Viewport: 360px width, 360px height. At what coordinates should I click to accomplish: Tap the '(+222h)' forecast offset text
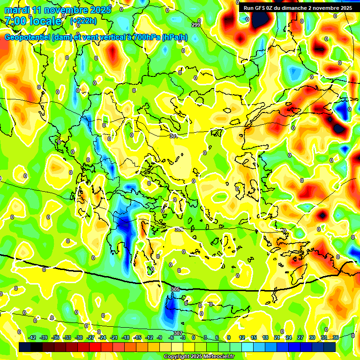pos(83,21)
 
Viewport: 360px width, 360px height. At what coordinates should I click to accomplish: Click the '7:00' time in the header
pos(15,21)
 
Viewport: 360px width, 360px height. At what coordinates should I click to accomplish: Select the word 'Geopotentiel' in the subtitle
pos(27,37)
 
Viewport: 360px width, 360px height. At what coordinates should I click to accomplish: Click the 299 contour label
pos(195,24)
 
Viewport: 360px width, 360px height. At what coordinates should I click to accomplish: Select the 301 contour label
pos(173,136)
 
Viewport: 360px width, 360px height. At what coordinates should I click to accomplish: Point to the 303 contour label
pos(179,229)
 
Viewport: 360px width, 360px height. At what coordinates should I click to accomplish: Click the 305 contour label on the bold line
pos(175,289)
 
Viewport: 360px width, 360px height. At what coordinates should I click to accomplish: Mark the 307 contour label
pos(178,333)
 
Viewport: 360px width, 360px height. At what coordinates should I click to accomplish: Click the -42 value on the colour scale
pos(32,337)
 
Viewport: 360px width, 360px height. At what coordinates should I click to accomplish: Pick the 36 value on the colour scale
pos(336,337)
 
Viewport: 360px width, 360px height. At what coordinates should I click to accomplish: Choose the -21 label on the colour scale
pos(114,337)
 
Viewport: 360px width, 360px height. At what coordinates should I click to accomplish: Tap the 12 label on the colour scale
pos(242,337)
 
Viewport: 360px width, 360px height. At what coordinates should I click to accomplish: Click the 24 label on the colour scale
pos(289,337)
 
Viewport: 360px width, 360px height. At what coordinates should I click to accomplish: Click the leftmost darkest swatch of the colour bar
pos(25,346)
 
